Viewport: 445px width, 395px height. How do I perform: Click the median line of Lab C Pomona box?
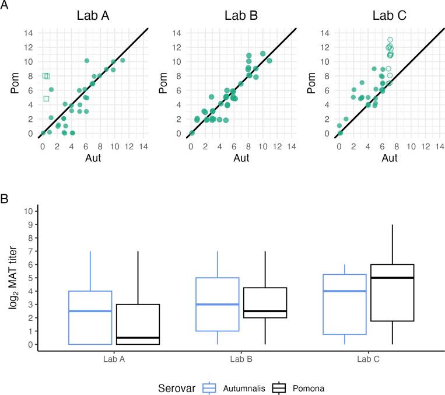pos(393,278)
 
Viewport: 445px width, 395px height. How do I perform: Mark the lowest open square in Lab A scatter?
pos(46,99)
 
